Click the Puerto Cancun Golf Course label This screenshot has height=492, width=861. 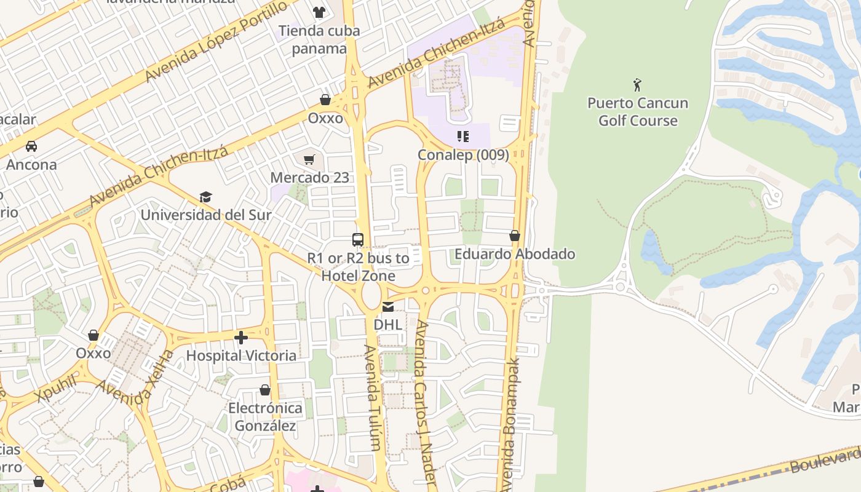(637, 111)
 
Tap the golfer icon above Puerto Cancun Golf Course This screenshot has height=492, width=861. (637, 84)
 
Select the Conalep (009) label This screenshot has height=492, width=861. (463, 154)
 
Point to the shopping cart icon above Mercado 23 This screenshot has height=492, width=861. (309, 160)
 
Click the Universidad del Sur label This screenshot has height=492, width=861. (205, 215)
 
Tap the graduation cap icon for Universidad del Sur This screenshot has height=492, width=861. (205, 197)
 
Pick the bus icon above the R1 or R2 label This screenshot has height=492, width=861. (358, 239)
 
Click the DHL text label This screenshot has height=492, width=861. (387, 324)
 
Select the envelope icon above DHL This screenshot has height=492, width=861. (387, 306)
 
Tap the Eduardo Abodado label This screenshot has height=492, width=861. (515, 254)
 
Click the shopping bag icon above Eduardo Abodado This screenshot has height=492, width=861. (515, 236)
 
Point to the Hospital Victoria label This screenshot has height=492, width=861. (241, 355)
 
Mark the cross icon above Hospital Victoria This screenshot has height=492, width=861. (241, 337)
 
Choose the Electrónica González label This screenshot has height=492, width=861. (265, 417)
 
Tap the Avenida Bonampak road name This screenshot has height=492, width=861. (509, 424)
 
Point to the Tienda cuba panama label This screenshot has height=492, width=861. (319, 39)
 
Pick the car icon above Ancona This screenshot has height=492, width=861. (31, 146)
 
